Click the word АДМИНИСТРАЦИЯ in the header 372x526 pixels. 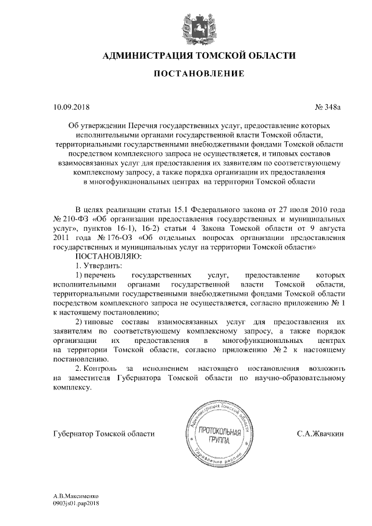[140, 56]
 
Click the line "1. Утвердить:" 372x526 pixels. [98, 264]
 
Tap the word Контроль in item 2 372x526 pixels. [100, 368]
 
